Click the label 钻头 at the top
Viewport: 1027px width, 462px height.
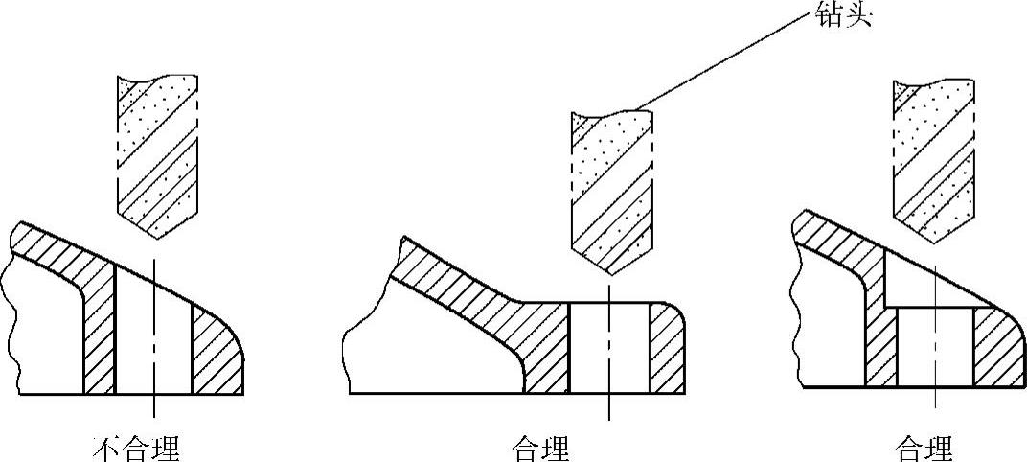pos(844,16)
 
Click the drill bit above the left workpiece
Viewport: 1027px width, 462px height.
pos(156,153)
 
